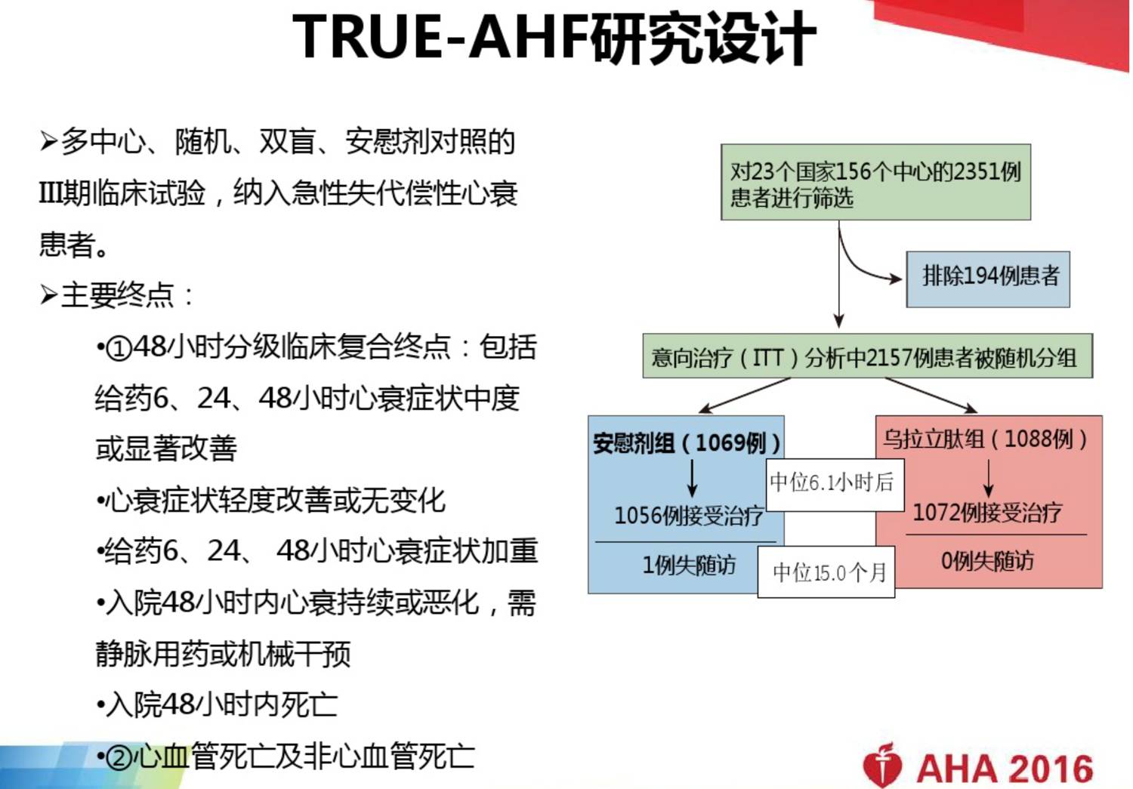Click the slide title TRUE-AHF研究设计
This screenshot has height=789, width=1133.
(554, 38)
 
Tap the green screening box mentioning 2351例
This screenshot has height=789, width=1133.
(875, 182)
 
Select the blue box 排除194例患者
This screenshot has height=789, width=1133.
(988, 279)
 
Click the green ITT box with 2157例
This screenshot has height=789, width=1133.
(867, 356)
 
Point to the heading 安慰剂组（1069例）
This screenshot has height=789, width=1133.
(687, 443)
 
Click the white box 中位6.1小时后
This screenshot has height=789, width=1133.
(835, 485)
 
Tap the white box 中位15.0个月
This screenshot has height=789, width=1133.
(826, 572)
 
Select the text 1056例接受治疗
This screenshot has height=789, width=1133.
(688, 516)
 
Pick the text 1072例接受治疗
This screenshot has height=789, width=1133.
(986, 513)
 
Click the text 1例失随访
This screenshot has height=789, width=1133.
(688, 565)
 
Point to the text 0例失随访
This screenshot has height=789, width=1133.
(986, 560)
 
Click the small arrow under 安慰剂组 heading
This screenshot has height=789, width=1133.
(693, 479)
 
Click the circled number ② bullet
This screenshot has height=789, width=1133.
(120, 758)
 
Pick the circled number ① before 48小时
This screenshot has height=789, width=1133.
(119, 349)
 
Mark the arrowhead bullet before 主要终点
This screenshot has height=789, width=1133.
(48, 295)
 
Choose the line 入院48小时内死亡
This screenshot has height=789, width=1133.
(217, 704)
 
